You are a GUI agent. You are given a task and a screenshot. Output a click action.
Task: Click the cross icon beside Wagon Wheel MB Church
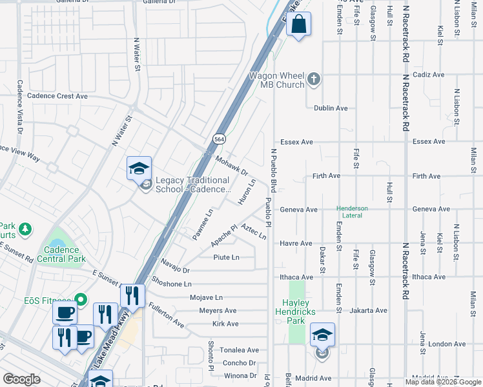coord(314,79)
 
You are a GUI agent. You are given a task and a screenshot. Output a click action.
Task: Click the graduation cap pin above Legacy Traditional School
coord(139,169)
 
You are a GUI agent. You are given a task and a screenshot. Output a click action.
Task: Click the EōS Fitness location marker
coord(81,299)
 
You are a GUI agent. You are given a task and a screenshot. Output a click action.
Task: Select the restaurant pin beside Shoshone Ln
coord(132,296)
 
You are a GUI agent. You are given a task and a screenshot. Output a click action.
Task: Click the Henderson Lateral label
coord(352,212)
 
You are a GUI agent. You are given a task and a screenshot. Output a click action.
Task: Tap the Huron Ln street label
coord(247,192)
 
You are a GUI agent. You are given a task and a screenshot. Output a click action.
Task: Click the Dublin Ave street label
coord(331,108)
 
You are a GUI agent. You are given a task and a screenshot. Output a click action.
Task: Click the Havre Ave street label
coord(296,243)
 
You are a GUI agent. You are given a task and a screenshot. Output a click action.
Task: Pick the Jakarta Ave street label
coord(368,310)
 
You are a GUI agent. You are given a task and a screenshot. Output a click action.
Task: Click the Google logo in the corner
coord(21,379)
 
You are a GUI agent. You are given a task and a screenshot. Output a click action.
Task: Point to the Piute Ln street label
coord(226,257)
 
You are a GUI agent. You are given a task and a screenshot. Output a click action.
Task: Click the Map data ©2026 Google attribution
coord(443,382)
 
